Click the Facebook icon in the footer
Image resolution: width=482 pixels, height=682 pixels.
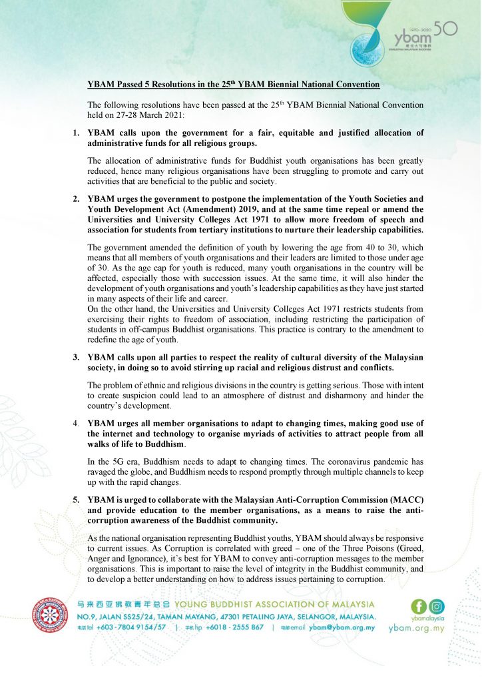coord(419,606)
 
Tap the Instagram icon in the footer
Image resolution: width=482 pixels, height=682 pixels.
coord(437,606)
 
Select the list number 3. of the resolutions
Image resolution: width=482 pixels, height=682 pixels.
coord(77,358)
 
